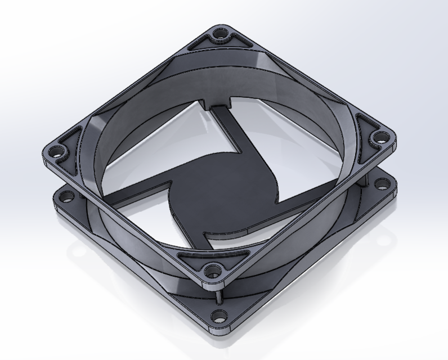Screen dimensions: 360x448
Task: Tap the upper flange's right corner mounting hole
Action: pos(380,137)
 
